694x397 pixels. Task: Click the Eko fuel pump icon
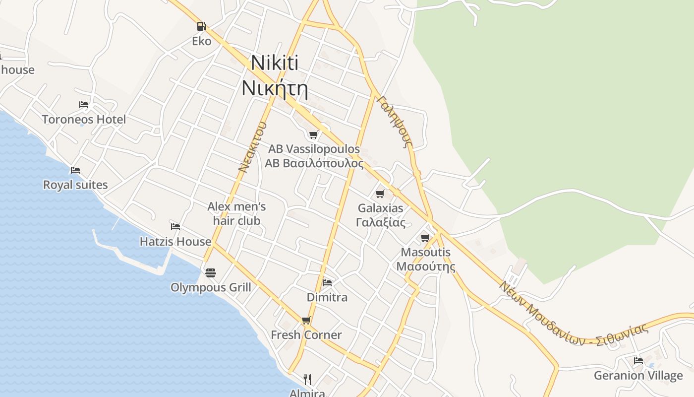pyautogui.click(x=201, y=26)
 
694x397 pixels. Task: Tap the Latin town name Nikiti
pyautogui.click(x=275, y=63)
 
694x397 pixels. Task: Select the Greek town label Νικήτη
pyautogui.click(x=275, y=88)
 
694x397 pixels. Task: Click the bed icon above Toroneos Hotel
pyautogui.click(x=84, y=105)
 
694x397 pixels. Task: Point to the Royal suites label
pyautogui.click(x=75, y=185)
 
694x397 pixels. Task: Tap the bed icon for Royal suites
pyautogui.click(x=75, y=170)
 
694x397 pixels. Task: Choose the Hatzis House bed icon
pyautogui.click(x=175, y=227)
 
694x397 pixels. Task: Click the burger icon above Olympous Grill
pyautogui.click(x=211, y=273)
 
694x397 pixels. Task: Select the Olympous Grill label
pyautogui.click(x=211, y=288)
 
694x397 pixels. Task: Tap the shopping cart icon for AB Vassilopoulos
pyautogui.click(x=313, y=134)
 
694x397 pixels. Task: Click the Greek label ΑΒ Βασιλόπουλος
pyautogui.click(x=314, y=164)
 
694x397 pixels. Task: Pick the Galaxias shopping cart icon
pyautogui.click(x=380, y=194)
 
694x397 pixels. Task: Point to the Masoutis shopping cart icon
pyautogui.click(x=425, y=238)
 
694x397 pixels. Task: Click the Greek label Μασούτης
pyautogui.click(x=426, y=266)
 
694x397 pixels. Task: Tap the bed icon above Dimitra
pyautogui.click(x=327, y=283)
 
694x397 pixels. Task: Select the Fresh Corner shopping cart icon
pyautogui.click(x=306, y=321)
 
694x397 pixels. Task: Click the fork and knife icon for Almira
pyautogui.click(x=307, y=380)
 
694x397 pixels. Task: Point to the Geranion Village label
pyautogui.click(x=638, y=376)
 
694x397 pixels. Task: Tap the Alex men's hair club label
pyautogui.click(x=237, y=213)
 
